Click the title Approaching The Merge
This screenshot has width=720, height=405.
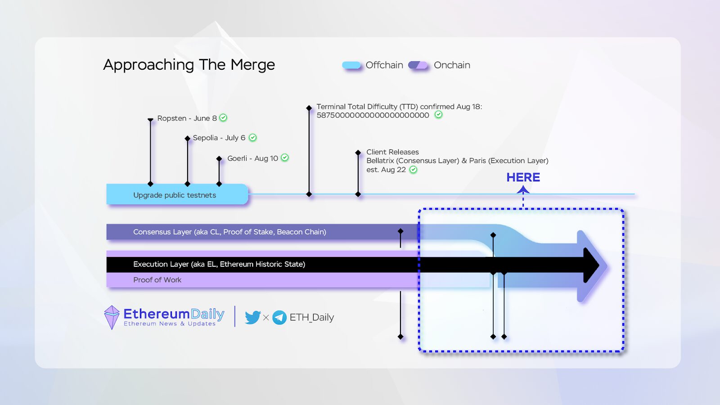coord(189,65)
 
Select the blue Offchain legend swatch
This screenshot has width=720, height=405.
coord(351,65)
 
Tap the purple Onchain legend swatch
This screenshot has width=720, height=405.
coord(418,65)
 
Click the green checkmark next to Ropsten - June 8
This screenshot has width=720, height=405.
coord(223,118)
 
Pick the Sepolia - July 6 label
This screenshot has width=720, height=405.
coord(219,138)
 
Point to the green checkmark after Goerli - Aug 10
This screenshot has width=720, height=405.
coord(285,158)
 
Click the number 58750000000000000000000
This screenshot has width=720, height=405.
coord(373,115)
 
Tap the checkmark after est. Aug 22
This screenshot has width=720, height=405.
coord(413,170)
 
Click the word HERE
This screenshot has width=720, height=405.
coord(523,177)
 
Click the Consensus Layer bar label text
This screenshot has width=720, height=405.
coord(229,232)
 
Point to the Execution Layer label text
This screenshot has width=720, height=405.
coord(219,264)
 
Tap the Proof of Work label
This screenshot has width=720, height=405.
coord(157,280)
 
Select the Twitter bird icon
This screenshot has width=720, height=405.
coord(252,317)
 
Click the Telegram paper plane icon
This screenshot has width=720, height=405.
coord(279,317)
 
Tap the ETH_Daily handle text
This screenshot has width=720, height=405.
coord(312,317)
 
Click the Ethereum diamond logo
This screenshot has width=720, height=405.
coord(112,317)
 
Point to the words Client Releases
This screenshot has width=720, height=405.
coord(392,152)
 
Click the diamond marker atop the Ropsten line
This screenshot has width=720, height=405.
coord(150,120)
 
